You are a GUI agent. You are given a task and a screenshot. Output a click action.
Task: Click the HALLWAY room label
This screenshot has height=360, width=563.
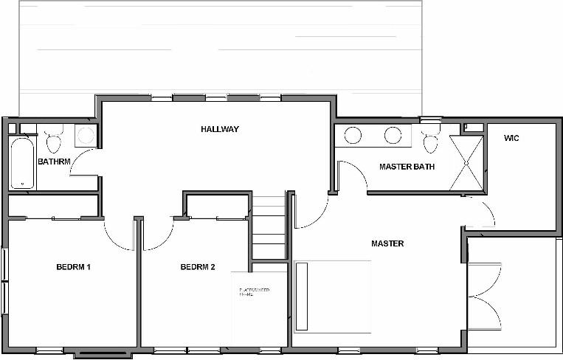220,129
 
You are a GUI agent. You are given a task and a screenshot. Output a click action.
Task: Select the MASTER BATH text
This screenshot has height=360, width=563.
407,167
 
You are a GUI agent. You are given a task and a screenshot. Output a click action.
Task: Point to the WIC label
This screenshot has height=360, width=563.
511,139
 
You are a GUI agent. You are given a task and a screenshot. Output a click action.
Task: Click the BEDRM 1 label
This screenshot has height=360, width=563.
73,267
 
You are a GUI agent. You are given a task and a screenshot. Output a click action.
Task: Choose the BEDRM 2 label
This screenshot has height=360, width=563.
198,267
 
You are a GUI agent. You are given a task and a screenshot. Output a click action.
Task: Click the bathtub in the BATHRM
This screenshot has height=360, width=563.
21,162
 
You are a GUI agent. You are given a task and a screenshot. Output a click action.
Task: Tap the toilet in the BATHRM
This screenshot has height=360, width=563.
52,139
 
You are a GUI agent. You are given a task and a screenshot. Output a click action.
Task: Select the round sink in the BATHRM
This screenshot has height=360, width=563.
86,135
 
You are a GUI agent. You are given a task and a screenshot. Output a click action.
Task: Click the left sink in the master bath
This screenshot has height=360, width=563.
353,136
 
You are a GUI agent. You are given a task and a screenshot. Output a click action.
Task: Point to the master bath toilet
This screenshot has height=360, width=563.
429,139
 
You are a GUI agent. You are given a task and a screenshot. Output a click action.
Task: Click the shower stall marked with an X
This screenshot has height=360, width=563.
466,162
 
